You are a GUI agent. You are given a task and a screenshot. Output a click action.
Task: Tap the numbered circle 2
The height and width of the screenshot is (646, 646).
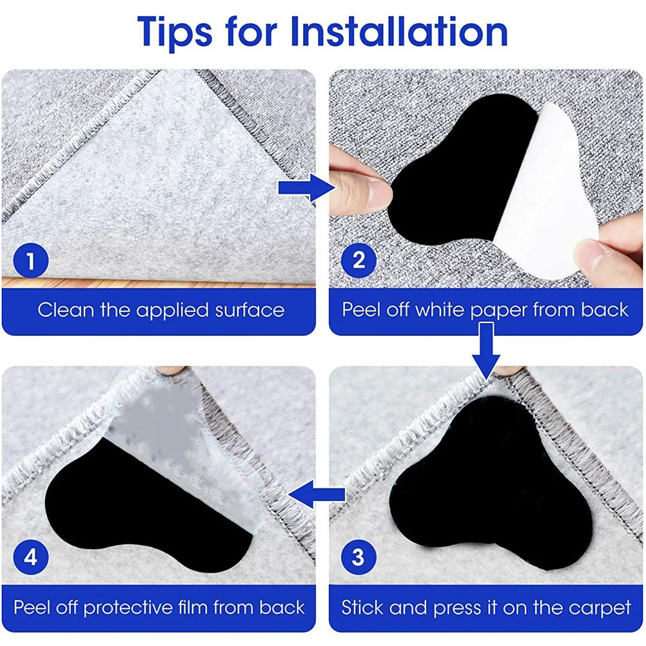click(x=358, y=261)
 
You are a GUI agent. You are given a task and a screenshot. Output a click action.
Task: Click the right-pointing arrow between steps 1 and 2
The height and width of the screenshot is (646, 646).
click(x=304, y=188)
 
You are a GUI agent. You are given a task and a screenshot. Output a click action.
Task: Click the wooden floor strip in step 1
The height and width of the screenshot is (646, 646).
click(x=161, y=282)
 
